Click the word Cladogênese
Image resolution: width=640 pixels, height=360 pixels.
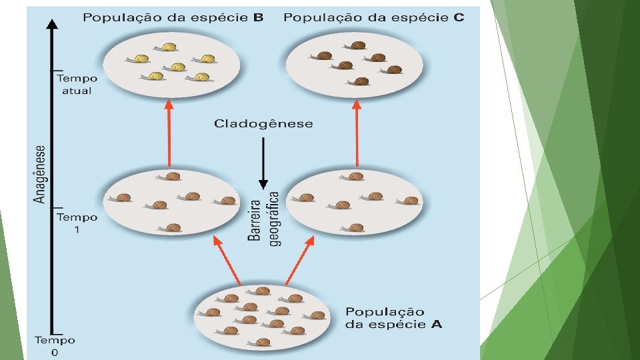tap(263, 124)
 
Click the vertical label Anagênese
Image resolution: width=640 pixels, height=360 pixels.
tap(40, 174)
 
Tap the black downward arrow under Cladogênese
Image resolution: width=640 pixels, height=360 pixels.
tap(263, 163)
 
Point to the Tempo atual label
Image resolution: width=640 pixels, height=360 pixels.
tap(76, 85)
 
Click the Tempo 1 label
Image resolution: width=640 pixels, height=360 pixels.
tap(77, 223)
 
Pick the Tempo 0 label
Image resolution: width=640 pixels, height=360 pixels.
tap(55, 346)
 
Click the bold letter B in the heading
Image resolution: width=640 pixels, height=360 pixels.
tap(258, 17)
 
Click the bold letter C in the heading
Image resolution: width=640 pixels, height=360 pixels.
tap(459, 17)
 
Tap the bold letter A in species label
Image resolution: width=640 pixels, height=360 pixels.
tap(436, 325)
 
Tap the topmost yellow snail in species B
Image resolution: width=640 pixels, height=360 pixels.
tap(167, 47)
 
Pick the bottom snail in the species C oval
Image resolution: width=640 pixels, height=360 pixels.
tap(361, 81)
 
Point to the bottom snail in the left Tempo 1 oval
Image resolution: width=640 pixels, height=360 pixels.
tap(172, 227)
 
